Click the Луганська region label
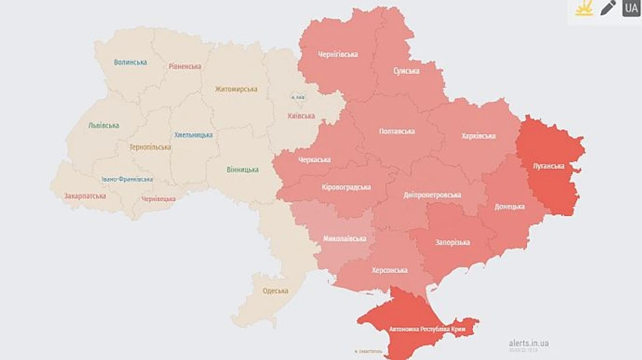click(549, 166)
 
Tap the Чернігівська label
click(338, 54)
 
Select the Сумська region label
click(407, 71)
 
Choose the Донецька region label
click(510, 207)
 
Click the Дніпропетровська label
click(432, 195)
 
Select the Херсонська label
click(389, 270)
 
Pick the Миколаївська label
click(345, 238)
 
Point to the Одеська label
click(275, 291)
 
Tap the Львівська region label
click(103, 125)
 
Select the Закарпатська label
click(85, 196)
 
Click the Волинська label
click(131, 62)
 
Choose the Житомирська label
click(236, 89)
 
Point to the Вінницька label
click(243, 170)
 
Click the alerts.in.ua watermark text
click(529, 343)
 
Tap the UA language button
click(631, 9)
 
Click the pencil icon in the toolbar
click(608, 9)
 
